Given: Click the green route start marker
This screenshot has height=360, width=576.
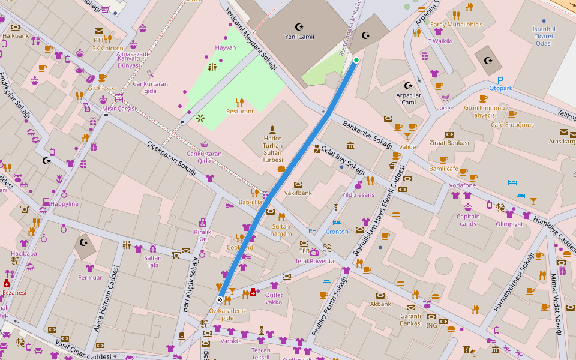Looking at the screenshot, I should pyautogui.click(x=356, y=60).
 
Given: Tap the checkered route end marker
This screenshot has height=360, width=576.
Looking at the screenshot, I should pyautogui.click(x=220, y=298).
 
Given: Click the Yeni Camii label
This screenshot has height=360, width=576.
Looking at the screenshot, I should pyautogui.click(x=299, y=37).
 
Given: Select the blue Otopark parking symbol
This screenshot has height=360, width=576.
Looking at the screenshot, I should pyautogui.click(x=500, y=80).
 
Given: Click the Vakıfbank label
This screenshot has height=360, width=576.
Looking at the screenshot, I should pyautogui.click(x=298, y=193).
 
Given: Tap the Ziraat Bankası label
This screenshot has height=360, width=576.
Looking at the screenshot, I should pyautogui.click(x=449, y=143).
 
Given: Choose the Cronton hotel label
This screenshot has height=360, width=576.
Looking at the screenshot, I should pyautogui.click(x=337, y=232).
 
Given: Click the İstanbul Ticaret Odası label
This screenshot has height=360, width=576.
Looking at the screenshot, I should pyautogui.click(x=544, y=36).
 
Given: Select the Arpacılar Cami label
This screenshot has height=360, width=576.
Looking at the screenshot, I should pyautogui.click(x=409, y=98).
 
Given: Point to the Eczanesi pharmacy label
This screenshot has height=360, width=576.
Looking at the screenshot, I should pyautogui.click(x=14, y=292).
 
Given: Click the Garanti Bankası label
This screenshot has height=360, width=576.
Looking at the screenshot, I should pyautogui.click(x=410, y=319).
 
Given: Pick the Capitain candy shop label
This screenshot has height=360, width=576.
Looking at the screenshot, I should pyautogui.click(x=468, y=220).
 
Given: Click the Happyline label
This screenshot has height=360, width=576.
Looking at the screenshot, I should pyautogui.click(x=64, y=203).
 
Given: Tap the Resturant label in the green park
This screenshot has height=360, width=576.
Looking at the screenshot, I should pyautogui.click(x=239, y=111).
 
